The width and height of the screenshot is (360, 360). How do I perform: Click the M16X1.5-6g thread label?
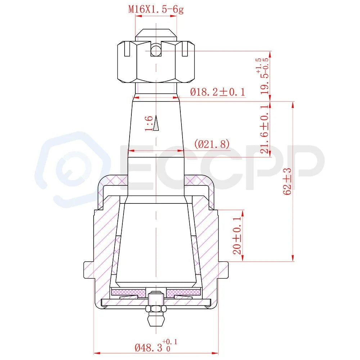tap(156, 10)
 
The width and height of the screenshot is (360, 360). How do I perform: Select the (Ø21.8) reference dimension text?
tap(212, 144)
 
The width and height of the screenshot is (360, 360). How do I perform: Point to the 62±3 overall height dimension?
tap(287, 181)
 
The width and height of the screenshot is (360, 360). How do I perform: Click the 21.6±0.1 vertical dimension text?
tap(264, 129)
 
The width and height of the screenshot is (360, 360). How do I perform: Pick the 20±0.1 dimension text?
tap(237, 235)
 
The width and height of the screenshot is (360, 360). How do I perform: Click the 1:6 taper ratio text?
tap(149, 123)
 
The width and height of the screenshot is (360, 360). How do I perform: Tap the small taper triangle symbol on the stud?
tap(156, 123)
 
